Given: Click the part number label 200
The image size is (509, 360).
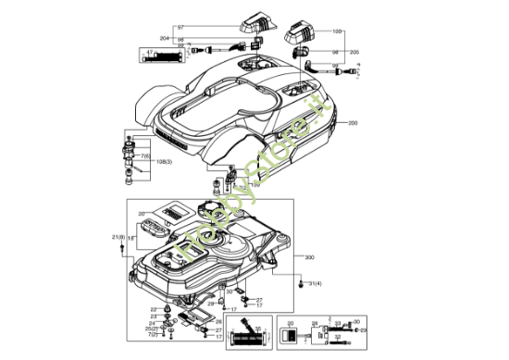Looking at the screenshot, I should [353, 123].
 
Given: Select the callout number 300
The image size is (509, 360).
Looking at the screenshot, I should [309, 256].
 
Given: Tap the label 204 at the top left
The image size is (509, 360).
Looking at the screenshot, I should [165, 38].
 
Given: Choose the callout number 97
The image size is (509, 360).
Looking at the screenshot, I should [180, 28].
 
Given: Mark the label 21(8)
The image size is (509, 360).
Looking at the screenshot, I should [118, 238].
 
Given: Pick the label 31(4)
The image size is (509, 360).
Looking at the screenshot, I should [315, 283].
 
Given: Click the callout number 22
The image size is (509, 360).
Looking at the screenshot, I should [154, 309].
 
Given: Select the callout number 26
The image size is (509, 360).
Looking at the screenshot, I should [219, 321].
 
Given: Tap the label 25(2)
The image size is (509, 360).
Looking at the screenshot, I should [152, 329].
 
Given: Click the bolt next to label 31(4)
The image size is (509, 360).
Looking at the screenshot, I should [300, 284].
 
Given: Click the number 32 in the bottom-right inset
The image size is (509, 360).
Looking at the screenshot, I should [337, 337].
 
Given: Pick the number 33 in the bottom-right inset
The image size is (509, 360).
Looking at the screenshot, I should [338, 323].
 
